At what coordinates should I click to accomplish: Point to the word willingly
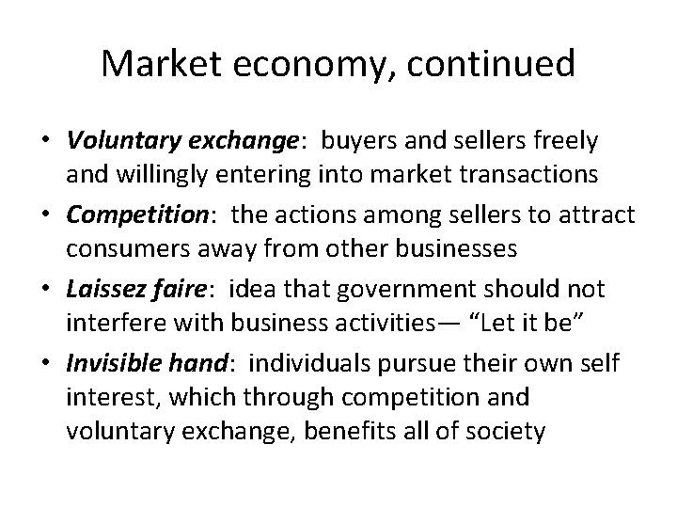(151, 175)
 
